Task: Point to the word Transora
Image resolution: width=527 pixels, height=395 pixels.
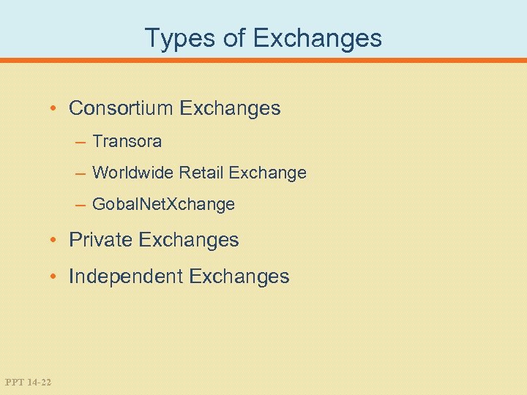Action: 127,140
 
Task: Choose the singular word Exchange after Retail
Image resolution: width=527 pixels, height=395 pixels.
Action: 267,173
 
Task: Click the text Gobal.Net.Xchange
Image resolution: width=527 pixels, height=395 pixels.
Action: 164,205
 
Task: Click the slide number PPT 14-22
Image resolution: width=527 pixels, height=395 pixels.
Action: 28,382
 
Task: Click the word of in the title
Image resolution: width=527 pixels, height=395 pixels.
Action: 234,38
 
